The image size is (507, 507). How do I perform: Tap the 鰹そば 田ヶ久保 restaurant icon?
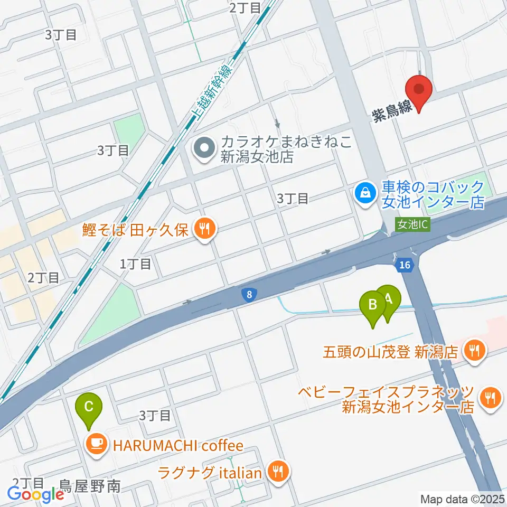(x=204, y=229)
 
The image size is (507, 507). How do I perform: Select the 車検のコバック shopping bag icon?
(x=365, y=193)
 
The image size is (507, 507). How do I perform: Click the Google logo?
(x=36, y=494)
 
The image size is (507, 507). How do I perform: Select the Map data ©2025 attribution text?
(x=462, y=499)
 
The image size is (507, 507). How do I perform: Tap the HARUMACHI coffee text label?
(x=177, y=445)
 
